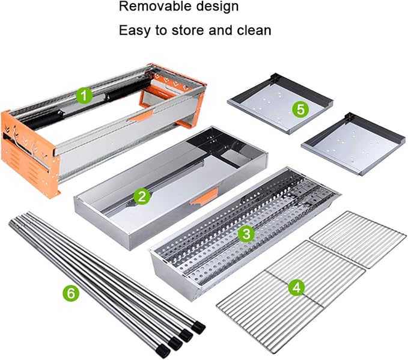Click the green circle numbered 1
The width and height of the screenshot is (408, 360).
[x=84, y=96]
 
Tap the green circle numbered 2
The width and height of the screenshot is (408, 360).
[x=142, y=197]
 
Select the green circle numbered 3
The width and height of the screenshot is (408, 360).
[x=246, y=233]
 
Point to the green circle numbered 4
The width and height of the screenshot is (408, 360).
[x=297, y=288]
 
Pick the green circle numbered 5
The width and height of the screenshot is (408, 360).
[x=300, y=109]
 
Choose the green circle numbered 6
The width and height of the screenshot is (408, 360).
[x=71, y=293]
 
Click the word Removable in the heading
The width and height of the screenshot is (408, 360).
[x=155, y=6]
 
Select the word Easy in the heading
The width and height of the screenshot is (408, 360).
[x=135, y=31]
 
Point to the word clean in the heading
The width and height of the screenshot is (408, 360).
[x=254, y=30]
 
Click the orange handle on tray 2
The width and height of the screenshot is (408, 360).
[x=204, y=197]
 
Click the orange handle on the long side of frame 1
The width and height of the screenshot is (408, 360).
[x=141, y=116]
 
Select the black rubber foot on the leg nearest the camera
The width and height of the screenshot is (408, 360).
[x=163, y=351]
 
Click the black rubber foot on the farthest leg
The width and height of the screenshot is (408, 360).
[x=198, y=328]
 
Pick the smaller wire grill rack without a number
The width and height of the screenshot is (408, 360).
[x=358, y=239]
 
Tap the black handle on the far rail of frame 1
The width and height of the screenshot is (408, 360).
[x=129, y=90]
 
